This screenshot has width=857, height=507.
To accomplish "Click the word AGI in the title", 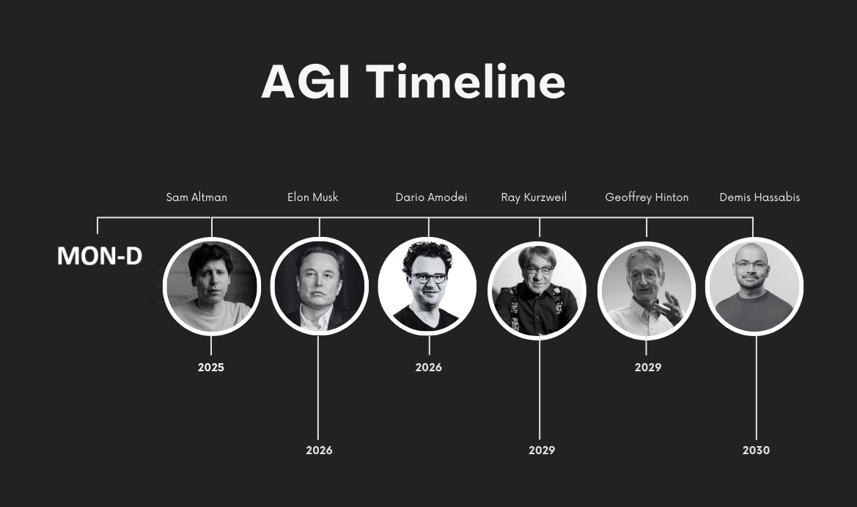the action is coord(306,81).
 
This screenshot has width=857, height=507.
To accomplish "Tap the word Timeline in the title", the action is coord(466,81).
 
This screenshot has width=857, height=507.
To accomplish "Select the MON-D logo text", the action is coord(100,256).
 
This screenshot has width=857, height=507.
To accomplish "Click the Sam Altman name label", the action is coord(196,197).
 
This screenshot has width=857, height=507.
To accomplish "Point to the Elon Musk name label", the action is coord(312,197).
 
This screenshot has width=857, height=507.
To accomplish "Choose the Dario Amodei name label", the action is coord(431,197).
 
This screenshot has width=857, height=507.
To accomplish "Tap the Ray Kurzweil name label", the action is coord(534,197).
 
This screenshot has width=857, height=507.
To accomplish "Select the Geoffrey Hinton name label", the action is coord(647,197).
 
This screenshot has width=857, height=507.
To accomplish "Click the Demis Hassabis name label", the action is coord(759,197).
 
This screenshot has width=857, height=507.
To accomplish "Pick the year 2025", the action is coord(211,368).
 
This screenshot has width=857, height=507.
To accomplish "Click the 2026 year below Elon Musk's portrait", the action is coord(319,450).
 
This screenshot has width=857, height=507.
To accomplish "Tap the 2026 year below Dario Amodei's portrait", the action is coord(428,368).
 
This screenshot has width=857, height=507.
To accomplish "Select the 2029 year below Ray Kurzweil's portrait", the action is coord(542,450).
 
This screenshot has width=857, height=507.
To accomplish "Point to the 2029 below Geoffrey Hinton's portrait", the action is coord(647,368).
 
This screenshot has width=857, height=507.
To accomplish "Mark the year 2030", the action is coord(756,450).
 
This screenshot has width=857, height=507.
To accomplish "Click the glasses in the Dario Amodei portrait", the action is coord(429,278).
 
